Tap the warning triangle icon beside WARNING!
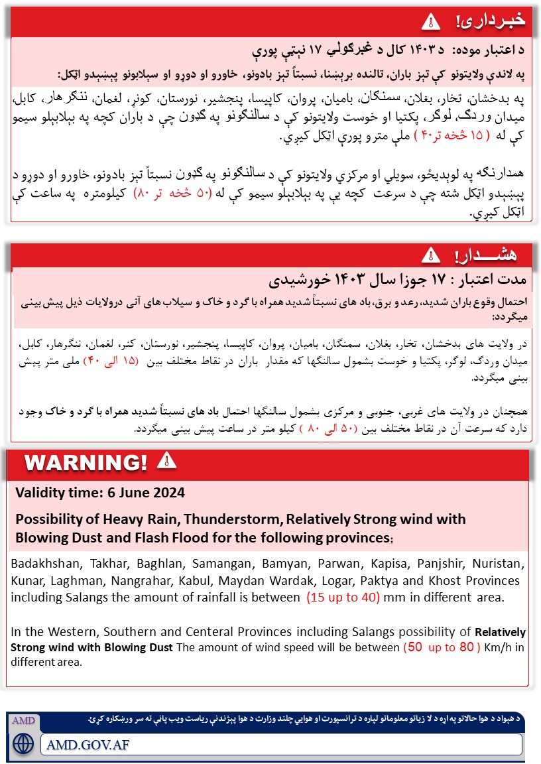pos(166,460)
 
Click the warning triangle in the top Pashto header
pos(431,21)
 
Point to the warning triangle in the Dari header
pos(431,254)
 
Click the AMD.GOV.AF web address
pos(88,744)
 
